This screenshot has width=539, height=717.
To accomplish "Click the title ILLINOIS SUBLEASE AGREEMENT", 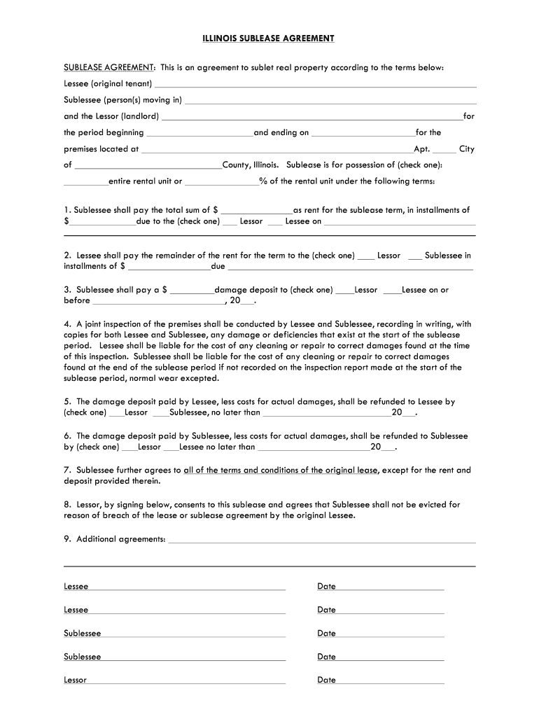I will click(269, 39).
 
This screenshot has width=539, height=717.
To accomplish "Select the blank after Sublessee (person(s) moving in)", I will click(329, 102).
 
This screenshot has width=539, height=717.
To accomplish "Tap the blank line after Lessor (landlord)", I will click(311, 119).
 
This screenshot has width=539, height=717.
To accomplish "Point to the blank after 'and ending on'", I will click(363, 135).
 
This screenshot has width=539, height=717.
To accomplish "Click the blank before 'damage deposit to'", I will click(192, 293).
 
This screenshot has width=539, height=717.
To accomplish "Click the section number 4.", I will click(67, 325).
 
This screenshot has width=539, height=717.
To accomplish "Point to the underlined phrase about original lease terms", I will click(281, 471).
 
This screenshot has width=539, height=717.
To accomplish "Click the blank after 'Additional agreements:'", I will click(322, 542).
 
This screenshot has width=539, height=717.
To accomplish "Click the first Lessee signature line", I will click(186, 590).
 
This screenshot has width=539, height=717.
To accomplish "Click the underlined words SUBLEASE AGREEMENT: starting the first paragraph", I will click(109, 68).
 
